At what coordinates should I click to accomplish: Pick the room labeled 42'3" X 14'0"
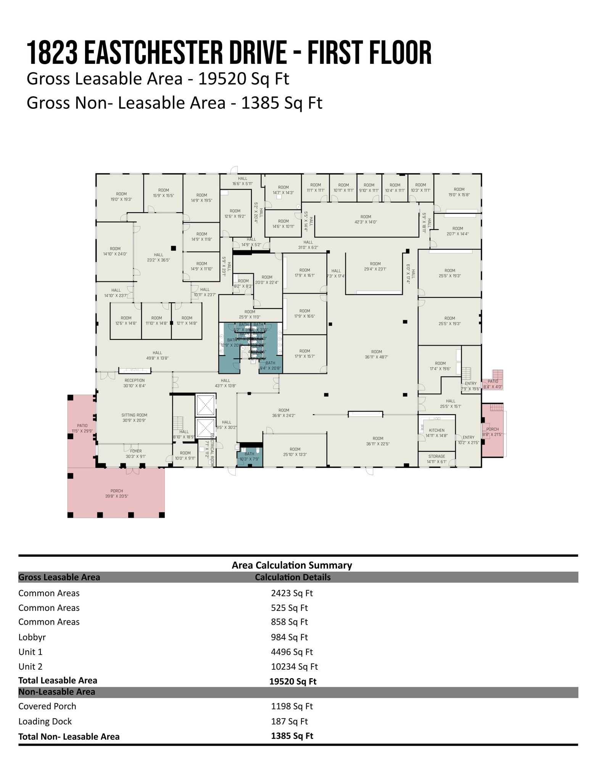pyautogui.click(x=366, y=219)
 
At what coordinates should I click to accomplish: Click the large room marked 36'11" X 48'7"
pyautogui.click(x=376, y=354)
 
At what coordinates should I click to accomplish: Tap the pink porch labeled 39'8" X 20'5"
pyautogui.click(x=117, y=493)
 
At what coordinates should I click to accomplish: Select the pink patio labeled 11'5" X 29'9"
pyautogui.click(x=82, y=428)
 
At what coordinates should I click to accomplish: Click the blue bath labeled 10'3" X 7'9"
pyautogui.click(x=249, y=456)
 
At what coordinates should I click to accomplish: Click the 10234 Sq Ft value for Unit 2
pyautogui.click(x=294, y=667)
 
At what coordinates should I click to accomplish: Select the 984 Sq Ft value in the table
pyautogui.click(x=289, y=637)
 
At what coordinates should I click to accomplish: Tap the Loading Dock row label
pyautogui.click(x=45, y=721)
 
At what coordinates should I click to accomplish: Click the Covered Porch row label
pyautogui.click(x=47, y=706)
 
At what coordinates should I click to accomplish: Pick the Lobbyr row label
pyautogui.click(x=32, y=637)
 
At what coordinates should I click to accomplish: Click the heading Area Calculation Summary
pyautogui.click(x=292, y=565)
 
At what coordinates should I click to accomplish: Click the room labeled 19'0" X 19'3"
pyautogui.click(x=121, y=196)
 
